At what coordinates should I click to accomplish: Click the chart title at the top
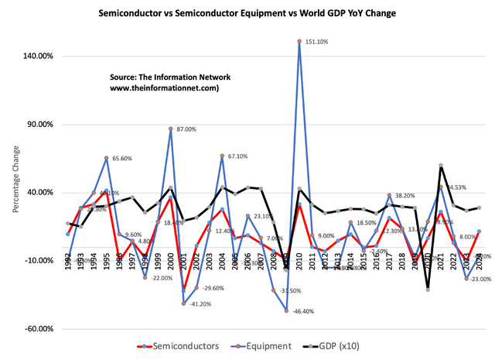(247, 13)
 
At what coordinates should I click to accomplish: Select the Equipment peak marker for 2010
(299, 41)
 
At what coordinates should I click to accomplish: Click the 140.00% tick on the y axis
(35, 57)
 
